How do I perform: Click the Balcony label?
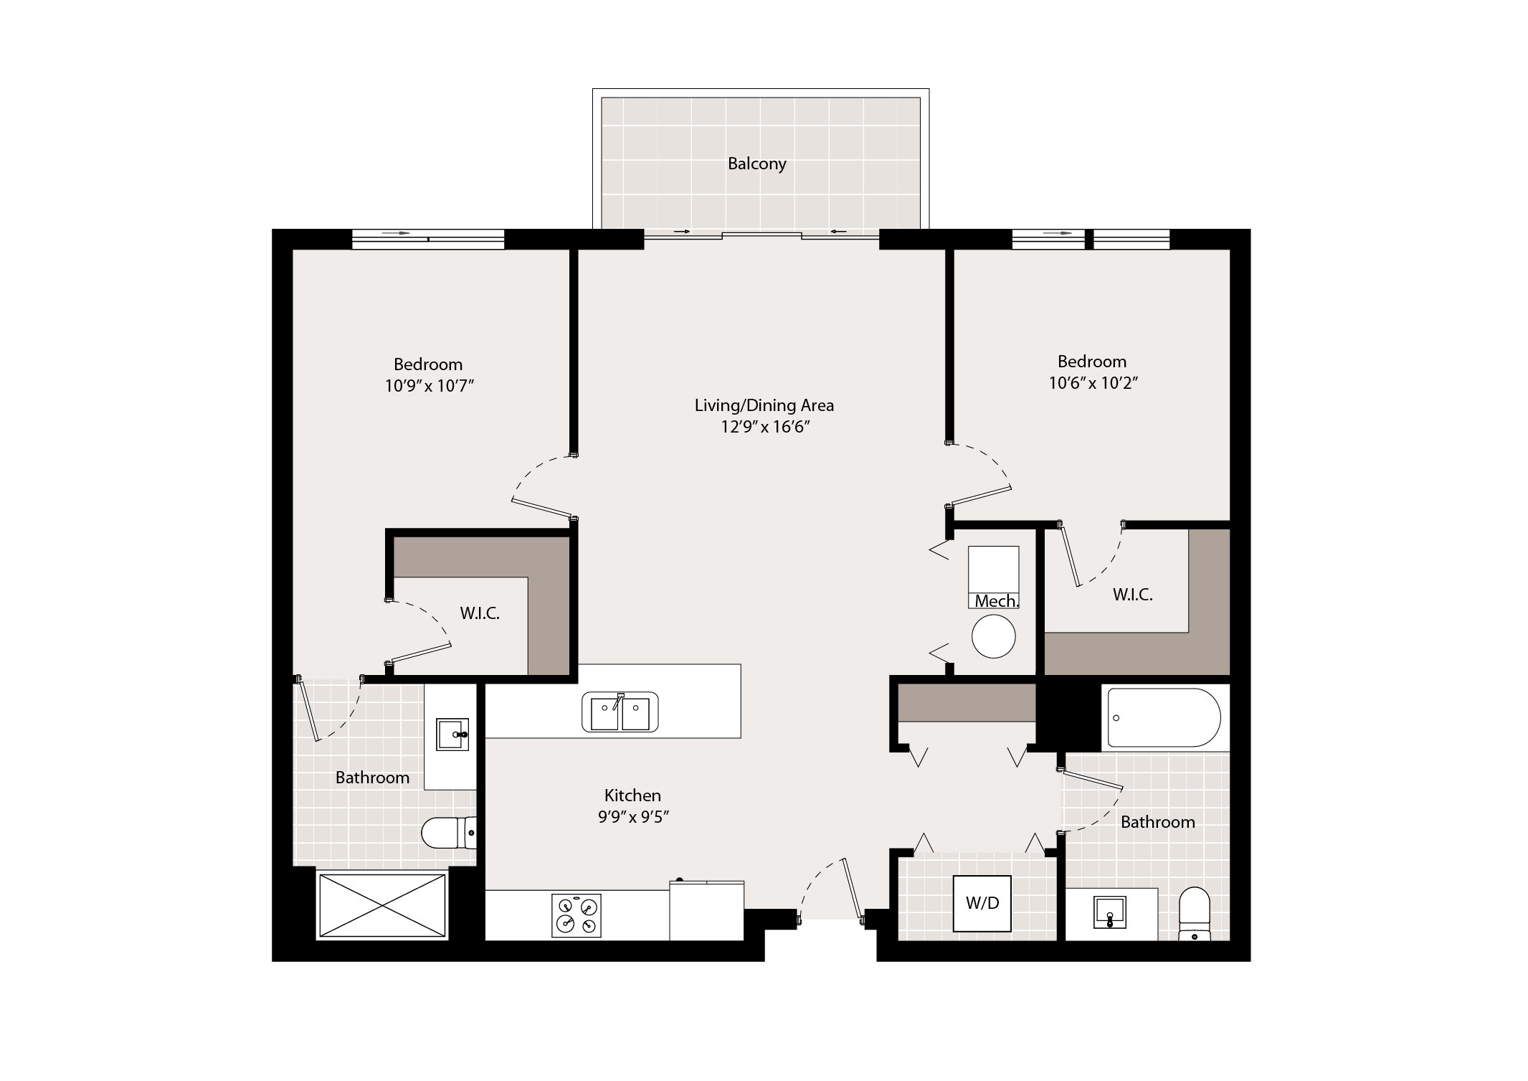coord(757,164)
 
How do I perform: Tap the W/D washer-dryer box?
coord(982,903)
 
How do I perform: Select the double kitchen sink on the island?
coord(620,712)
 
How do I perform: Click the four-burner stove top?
coord(576,915)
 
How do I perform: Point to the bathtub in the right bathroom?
coord(1164,717)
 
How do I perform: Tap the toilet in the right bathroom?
coord(1195,914)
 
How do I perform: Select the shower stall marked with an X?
coord(382,904)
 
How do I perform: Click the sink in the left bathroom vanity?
coord(452,735)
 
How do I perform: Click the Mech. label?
coord(997,601)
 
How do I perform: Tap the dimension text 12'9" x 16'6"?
coord(765,428)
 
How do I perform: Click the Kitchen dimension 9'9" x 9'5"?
coord(633,817)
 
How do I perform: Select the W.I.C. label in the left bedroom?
coord(480,613)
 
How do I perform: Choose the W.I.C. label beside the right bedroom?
coord(1133,595)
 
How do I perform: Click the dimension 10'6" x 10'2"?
coord(1093,383)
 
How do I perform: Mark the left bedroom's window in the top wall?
coord(428,240)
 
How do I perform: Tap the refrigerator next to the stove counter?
coord(706,910)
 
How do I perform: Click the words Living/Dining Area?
coord(764,406)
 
